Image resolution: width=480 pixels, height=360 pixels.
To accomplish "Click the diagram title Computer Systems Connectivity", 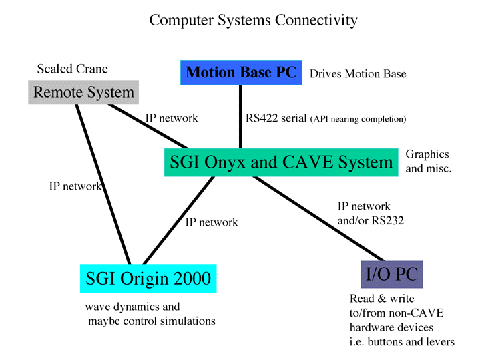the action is [x=253, y=21].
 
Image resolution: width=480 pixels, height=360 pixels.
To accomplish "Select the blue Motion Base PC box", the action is [x=241, y=73].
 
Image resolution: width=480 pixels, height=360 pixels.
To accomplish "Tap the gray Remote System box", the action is [x=83, y=92].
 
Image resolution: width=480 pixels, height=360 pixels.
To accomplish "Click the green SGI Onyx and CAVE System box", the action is [x=281, y=162].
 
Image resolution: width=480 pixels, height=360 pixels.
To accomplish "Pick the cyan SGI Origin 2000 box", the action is [x=148, y=279].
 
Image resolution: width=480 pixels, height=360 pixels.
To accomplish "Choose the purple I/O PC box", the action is [x=392, y=275].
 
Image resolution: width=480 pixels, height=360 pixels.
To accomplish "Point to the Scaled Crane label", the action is [x=73, y=69].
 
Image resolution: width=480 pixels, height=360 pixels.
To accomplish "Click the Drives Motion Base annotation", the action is [x=358, y=74].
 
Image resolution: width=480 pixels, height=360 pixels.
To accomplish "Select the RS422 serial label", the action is [x=276, y=118].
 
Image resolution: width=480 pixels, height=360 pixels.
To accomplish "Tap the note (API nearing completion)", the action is [x=358, y=119].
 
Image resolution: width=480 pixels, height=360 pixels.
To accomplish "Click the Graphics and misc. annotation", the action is [x=429, y=161].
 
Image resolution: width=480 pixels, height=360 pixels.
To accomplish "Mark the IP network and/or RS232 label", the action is [x=371, y=214].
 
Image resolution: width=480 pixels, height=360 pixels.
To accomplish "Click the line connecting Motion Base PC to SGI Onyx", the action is [x=240, y=117].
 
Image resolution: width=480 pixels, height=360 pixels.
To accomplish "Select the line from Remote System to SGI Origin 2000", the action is [x=103, y=184].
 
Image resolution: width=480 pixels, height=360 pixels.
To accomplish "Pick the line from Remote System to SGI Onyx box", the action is [x=148, y=126].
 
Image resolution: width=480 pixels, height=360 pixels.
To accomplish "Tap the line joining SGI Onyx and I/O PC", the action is [x=318, y=219].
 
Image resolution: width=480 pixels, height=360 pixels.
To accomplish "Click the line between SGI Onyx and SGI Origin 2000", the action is [x=178, y=220].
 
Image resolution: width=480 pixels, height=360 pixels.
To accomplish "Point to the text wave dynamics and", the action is [x=133, y=307].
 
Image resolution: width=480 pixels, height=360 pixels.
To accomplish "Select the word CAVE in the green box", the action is [x=307, y=162].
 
